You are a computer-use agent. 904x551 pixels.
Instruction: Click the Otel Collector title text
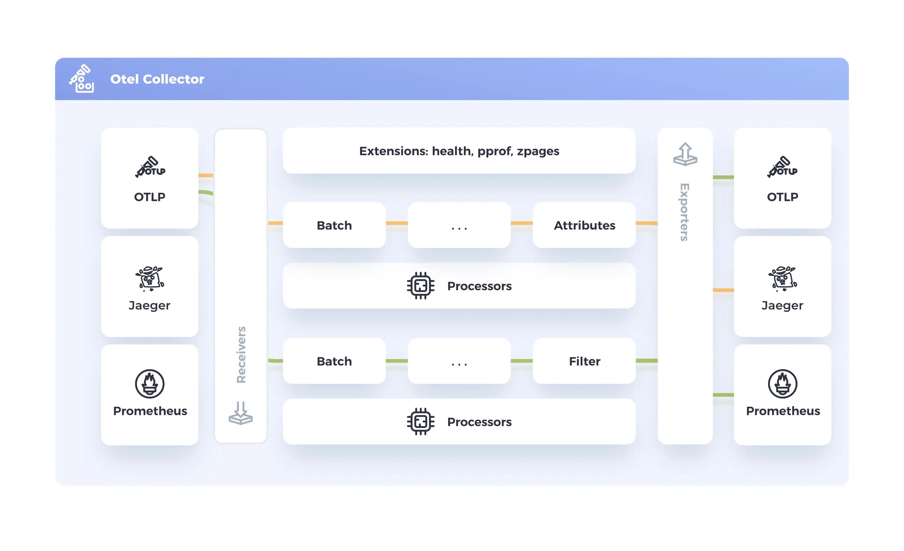pyautogui.click(x=157, y=79)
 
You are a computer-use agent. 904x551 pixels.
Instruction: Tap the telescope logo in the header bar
pyautogui.click(x=81, y=78)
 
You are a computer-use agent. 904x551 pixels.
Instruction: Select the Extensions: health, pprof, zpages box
pyautogui.click(x=459, y=151)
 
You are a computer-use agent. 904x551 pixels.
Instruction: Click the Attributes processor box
pyautogui.click(x=584, y=225)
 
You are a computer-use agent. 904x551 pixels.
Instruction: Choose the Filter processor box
pyautogui.click(x=584, y=361)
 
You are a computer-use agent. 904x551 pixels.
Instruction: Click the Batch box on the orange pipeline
pyautogui.click(x=334, y=225)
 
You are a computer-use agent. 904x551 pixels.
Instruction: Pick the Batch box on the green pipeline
pyautogui.click(x=334, y=361)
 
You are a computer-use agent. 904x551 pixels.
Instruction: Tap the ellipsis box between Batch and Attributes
pyautogui.click(x=459, y=225)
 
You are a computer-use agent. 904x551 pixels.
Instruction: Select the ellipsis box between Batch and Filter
pyautogui.click(x=459, y=361)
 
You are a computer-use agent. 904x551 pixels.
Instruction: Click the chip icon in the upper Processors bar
pyautogui.click(x=420, y=286)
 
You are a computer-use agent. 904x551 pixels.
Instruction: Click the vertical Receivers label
pyautogui.click(x=241, y=355)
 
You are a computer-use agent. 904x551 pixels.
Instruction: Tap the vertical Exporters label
pyautogui.click(x=685, y=212)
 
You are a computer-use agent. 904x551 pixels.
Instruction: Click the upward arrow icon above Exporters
pyautogui.click(x=685, y=154)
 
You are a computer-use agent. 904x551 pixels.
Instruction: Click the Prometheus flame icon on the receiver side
pyautogui.click(x=149, y=384)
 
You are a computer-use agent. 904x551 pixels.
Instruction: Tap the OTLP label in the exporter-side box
pyautogui.click(x=782, y=197)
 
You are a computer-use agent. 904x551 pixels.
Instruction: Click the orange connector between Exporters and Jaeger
pyautogui.click(x=723, y=290)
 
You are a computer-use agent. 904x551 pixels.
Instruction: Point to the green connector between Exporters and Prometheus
pyautogui.click(x=723, y=395)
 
